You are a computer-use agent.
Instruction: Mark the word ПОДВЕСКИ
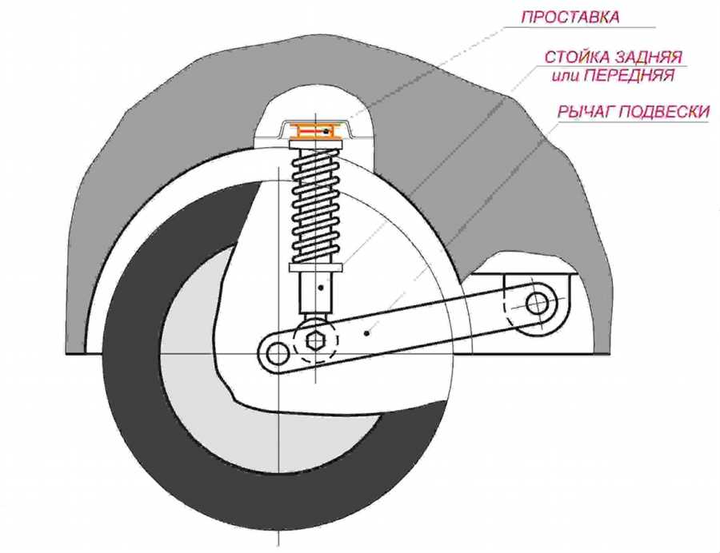669,111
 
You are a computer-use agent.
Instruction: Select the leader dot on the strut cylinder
320,284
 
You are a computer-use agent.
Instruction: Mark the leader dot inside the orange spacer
326,131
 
